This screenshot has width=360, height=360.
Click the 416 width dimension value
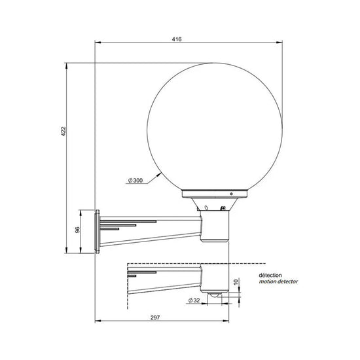coord(177,39)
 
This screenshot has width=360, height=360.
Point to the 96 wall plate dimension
coord(77,230)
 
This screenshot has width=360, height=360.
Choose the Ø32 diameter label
coord(193,300)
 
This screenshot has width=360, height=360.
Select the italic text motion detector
coord(278,282)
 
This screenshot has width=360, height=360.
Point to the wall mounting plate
coord(98,231)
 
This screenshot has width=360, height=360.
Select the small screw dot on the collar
coord(230,194)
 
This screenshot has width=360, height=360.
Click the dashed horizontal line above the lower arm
coord(164,264)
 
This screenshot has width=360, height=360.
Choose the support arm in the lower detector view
coord(164,280)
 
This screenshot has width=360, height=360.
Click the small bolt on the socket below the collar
coord(224,209)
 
